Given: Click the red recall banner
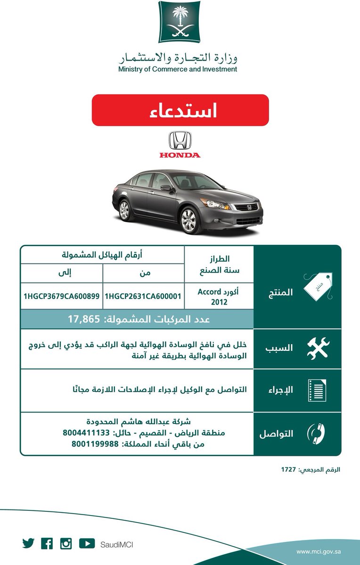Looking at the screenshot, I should pyautogui.click(x=180, y=110).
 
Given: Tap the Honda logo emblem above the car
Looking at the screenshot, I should pyautogui.click(x=180, y=140).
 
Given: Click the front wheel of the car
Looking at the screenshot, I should pyautogui.click(x=188, y=219).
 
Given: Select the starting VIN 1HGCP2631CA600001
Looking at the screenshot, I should pyautogui.click(x=143, y=297).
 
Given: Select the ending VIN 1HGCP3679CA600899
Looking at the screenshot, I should pyautogui.click(x=61, y=297).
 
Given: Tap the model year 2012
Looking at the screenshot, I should pyautogui.click(x=220, y=302).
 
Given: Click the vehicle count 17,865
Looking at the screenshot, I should pyautogui.click(x=85, y=319).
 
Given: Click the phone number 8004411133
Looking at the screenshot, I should pyautogui.click(x=86, y=432).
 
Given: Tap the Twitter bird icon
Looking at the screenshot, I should pyautogui.click(x=28, y=543).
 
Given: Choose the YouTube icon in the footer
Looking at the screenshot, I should pyautogui.click(x=87, y=543).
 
